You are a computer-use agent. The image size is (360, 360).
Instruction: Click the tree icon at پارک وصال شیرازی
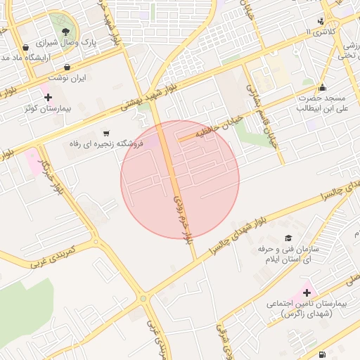(x=67, y=32)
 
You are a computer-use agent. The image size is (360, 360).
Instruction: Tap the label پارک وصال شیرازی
(x=89, y=42)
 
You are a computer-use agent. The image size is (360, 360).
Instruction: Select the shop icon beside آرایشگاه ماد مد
(x=26, y=48)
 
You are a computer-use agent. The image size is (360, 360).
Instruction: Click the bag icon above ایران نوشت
(x=67, y=67)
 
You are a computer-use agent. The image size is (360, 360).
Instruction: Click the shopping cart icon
(x=106, y=133)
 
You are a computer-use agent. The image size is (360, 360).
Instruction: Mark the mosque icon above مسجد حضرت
(x=323, y=88)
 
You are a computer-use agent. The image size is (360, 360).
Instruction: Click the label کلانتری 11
(x=322, y=32)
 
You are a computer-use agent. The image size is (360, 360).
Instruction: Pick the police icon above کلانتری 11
(x=321, y=21)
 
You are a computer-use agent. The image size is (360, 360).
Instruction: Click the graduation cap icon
(x=288, y=239)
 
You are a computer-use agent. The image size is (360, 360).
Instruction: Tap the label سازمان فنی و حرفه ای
(x=288, y=255)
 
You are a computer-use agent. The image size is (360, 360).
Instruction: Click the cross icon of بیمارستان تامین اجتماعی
(x=307, y=292)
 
